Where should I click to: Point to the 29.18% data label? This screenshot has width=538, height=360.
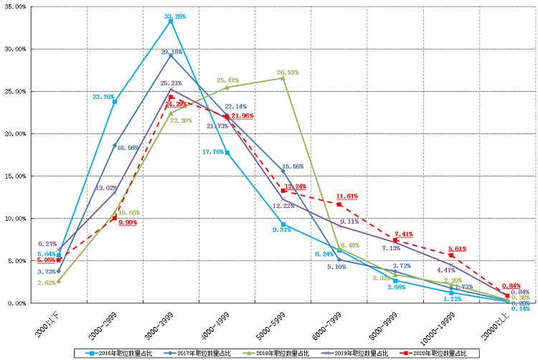(171, 52)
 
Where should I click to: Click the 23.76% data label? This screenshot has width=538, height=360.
(103, 96)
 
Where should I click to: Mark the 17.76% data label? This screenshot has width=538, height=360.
(215, 152)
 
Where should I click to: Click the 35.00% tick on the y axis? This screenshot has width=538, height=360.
(16, 6)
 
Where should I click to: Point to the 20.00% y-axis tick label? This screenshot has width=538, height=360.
(16, 133)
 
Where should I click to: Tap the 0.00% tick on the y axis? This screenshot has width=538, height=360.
(17, 303)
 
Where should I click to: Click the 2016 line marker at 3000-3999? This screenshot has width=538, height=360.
(171, 21)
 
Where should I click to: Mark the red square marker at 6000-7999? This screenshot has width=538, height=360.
(339, 204)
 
